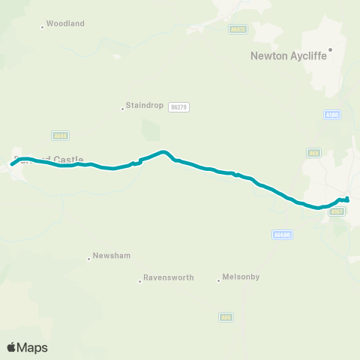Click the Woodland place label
[65, 24]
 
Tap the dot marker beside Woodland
[42, 27]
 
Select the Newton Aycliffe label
[289, 55]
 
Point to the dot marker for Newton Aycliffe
[329, 49]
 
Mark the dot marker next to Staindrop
[122, 109]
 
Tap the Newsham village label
[112, 256]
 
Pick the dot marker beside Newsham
[88, 258]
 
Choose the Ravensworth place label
[169, 277]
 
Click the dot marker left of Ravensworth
[139, 281]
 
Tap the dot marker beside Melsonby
[218, 280]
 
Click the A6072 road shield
[238, 28]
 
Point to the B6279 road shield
[179, 107]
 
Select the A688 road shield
[61, 136]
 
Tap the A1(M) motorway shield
[332, 115]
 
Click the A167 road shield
[337, 212]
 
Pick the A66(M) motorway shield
[282, 235]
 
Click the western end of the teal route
[12, 164]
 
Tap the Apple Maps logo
[27, 347]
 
